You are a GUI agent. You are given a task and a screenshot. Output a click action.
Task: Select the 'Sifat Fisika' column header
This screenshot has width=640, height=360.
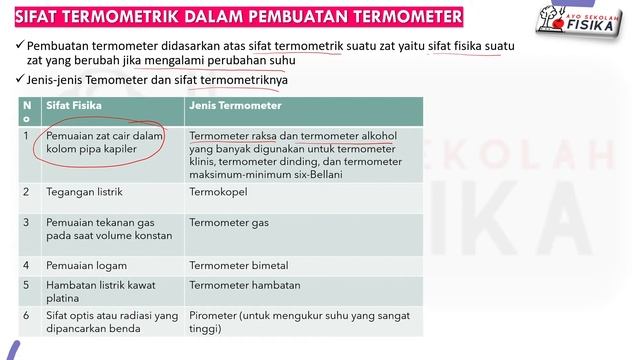75,104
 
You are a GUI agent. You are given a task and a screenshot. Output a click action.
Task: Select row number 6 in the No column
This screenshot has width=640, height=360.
26,315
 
